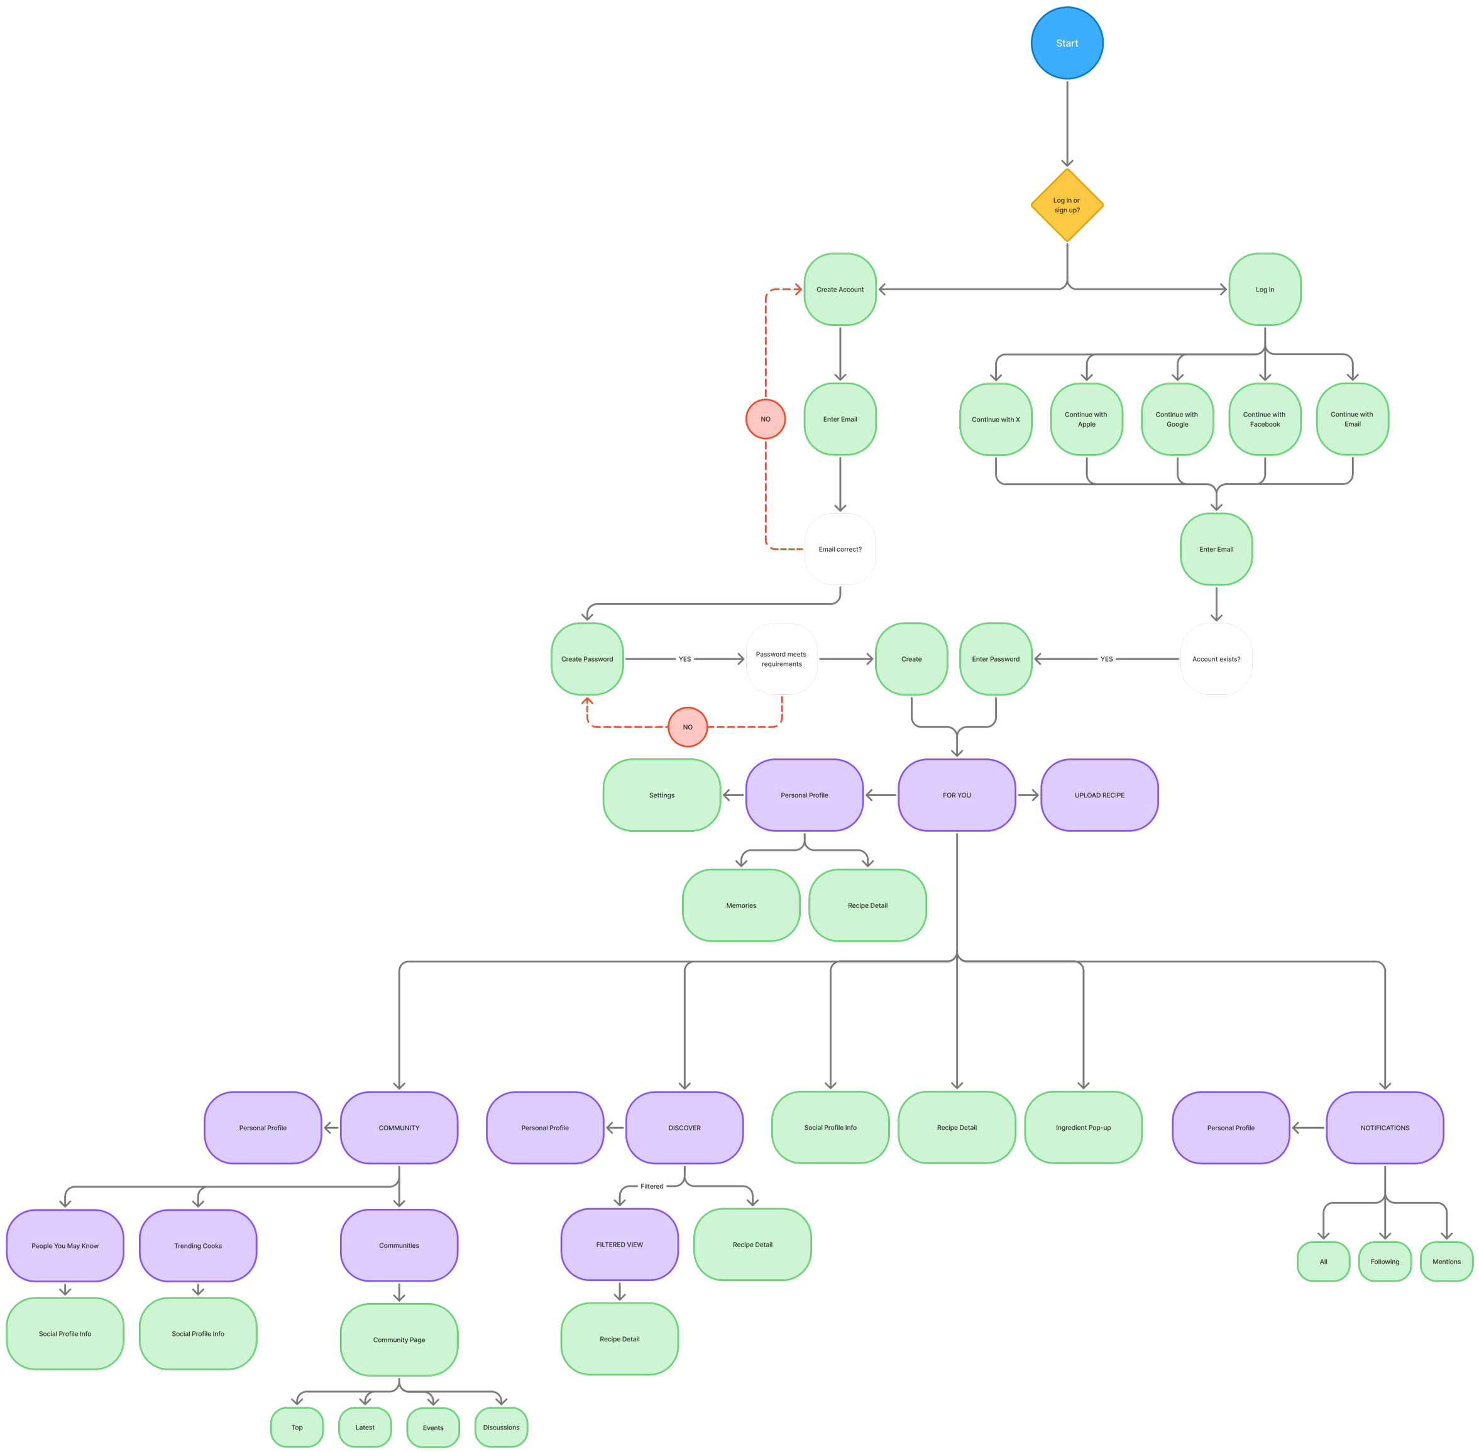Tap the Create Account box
click(840, 290)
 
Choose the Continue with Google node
click(1176, 420)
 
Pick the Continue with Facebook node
click(1264, 420)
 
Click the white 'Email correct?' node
click(840, 549)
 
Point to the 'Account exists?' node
click(1216, 659)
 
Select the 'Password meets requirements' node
click(781, 659)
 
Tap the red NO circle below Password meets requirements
click(687, 727)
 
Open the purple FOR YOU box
click(957, 795)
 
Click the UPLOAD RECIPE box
click(1099, 795)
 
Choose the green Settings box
click(661, 795)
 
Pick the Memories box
click(740, 905)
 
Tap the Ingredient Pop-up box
click(1083, 1127)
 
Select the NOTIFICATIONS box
click(1385, 1127)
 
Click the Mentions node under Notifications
click(1446, 1262)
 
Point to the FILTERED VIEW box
click(619, 1245)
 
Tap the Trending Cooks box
click(197, 1245)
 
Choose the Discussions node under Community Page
click(500, 1427)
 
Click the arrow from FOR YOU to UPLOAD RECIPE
click(1028, 795)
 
